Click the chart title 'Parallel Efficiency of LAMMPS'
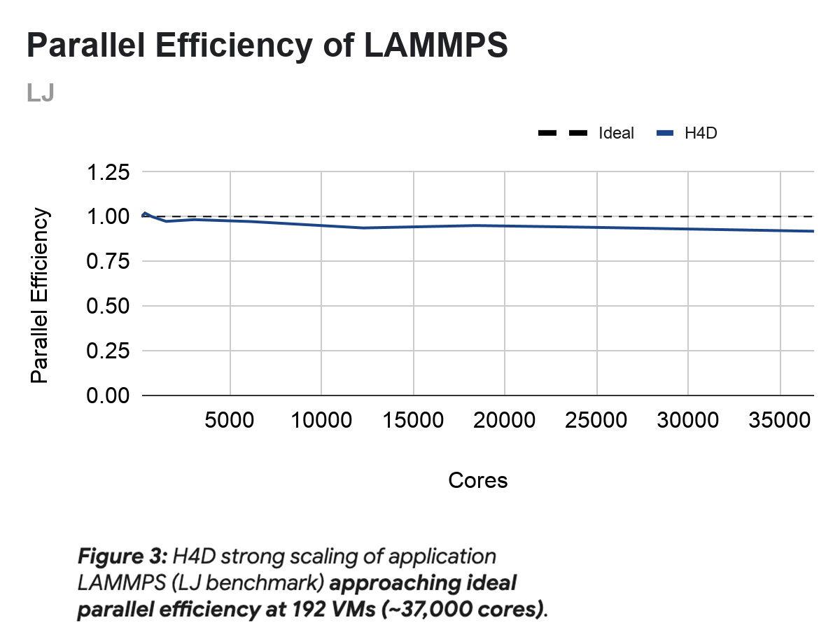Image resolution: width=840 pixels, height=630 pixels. pyautogui.click(x=266, y=46)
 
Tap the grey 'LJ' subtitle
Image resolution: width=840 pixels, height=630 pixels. pyautogui.click(x=41, y=92)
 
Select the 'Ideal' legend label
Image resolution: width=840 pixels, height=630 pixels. pyautogui.click(x=616, y=134)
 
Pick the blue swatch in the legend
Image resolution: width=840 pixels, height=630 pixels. pyautogui.click(x=666, y=134)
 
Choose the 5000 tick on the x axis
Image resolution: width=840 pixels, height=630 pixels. pyautogui.click(x=230, y=420)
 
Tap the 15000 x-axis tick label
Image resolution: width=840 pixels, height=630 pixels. pyautogui.click(x=413, y=420)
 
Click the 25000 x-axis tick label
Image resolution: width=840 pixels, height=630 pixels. pyautogui.click(x=596, y=420)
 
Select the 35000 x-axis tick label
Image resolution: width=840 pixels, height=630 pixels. pyautogui.click(x=780, y=420)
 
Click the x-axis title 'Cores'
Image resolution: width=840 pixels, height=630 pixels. pyautogui.click(x=477, y=481)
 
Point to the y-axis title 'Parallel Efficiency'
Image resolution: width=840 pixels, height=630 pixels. pyautogui.click(x=41, y=295)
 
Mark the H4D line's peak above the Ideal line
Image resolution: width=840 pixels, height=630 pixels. pyautogui.click(x=144, y=213)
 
